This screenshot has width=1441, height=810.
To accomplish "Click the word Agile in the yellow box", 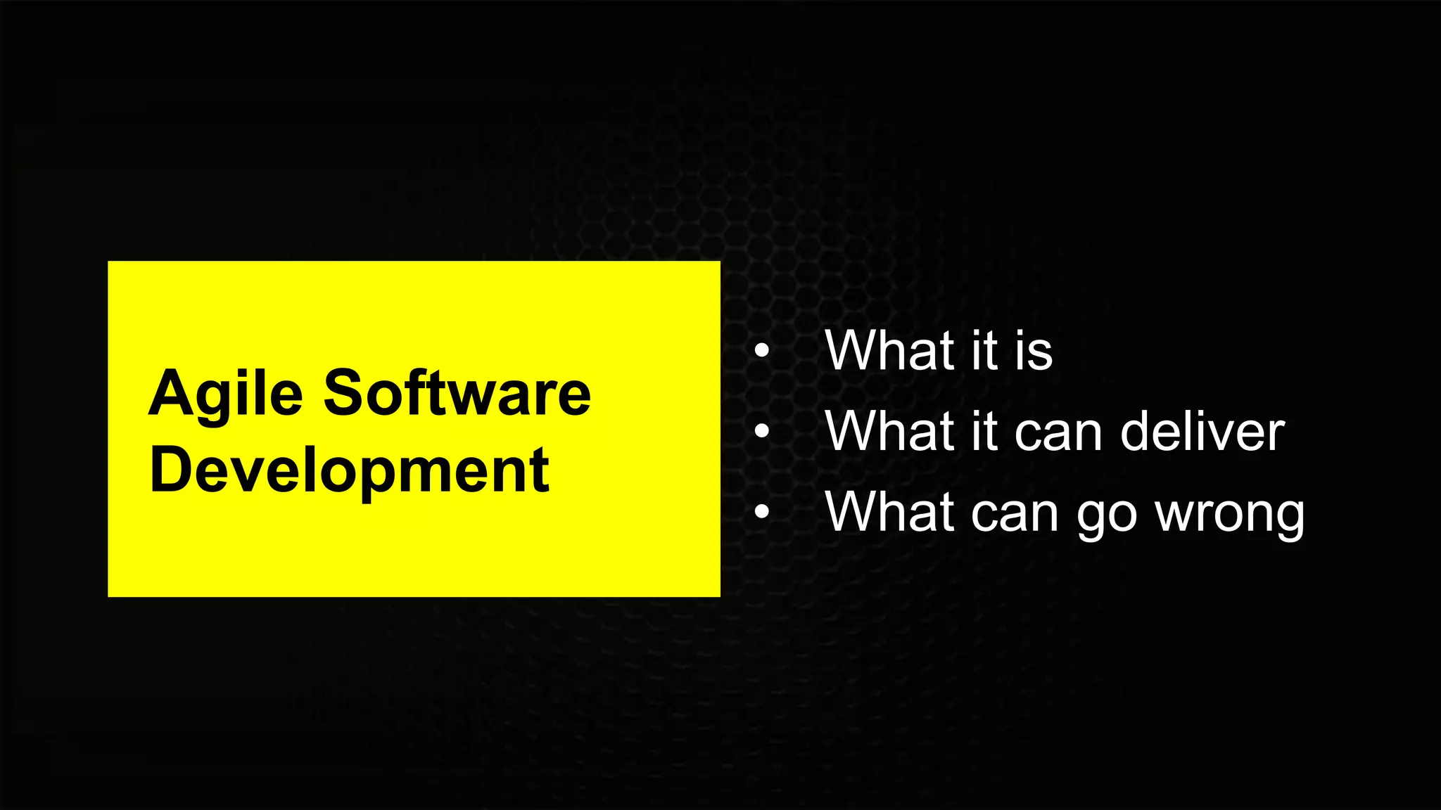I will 225,394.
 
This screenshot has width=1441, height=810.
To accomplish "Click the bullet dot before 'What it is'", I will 761,349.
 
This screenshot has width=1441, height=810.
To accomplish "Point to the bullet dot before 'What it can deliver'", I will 761,431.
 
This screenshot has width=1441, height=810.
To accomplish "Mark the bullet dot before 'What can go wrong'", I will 761,512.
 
